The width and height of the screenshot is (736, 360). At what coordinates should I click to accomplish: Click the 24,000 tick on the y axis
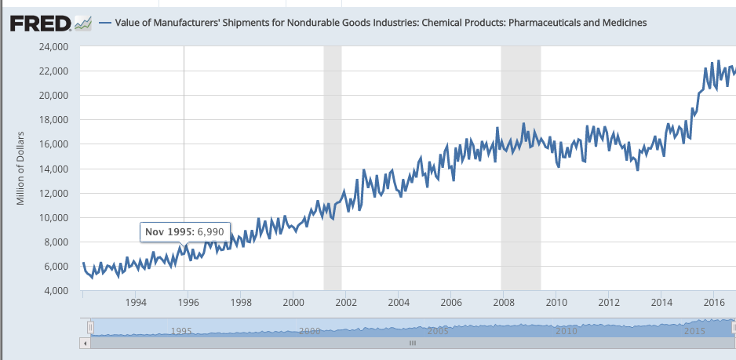[x=53, y=47]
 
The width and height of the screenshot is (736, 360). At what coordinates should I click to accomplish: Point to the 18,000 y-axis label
[x=53, y=120]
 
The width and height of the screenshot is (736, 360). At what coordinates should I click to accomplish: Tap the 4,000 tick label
[x=56, y=291]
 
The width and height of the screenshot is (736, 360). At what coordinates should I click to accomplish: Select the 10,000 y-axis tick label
[x=53, y=217]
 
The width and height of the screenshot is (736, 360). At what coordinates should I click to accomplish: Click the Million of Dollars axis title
[x=23, y=169]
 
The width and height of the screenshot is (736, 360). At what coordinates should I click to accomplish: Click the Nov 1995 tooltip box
[x=184, y=232]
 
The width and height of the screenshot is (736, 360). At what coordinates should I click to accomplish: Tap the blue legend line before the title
[x=104, y=23]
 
